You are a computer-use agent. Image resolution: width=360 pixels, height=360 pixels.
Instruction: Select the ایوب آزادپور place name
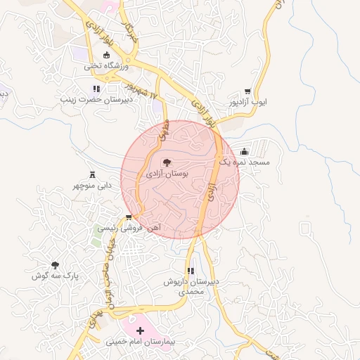tap(248, 103)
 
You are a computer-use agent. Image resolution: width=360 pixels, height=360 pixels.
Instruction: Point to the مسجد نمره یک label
tap(244, 162)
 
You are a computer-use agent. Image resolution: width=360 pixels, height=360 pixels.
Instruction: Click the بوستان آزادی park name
tap(167, 173)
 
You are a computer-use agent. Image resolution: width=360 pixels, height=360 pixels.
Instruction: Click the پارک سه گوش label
tap(54, 276)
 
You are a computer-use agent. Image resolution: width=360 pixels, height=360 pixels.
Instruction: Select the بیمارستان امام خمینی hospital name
tap(139, 342)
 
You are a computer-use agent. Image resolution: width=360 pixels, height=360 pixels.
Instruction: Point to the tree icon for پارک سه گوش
tap(54, 264)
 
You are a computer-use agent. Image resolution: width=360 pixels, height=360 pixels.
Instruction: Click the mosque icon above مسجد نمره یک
tap(244, 151)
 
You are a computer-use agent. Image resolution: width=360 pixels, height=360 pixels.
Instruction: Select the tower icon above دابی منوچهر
tap(92, 174)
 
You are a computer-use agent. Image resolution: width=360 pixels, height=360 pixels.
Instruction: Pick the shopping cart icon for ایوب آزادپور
tap(247, 91)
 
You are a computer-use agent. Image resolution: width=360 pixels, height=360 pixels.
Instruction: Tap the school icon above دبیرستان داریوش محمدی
tap(190, 271)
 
